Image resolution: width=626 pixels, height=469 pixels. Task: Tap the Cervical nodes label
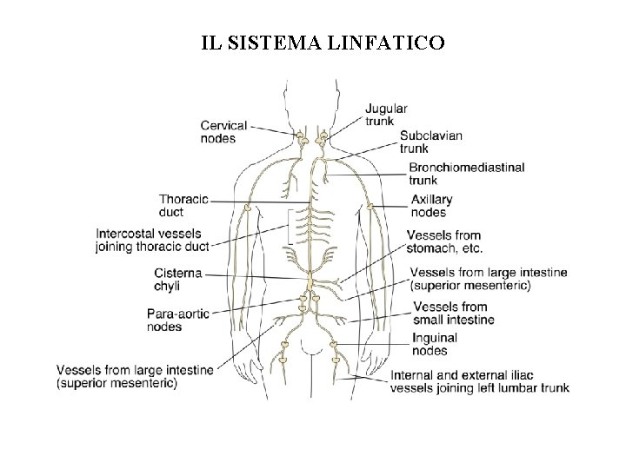(223, 131)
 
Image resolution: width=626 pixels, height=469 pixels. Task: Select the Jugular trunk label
(386, 116)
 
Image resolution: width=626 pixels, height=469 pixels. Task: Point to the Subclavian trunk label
(430, 142)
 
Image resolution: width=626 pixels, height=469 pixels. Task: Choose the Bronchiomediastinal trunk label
(466, 174)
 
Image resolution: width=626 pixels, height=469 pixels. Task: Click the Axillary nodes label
(431, 206)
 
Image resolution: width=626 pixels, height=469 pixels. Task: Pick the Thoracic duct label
(183, 205)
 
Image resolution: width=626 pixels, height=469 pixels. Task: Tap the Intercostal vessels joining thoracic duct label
(153, 240)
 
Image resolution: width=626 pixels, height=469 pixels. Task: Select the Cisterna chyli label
(177, 279)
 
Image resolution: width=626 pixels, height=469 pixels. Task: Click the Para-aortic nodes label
(178, 320)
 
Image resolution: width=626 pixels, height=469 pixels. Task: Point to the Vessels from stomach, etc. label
(444, 241)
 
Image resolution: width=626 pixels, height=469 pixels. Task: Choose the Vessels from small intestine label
(454, 313)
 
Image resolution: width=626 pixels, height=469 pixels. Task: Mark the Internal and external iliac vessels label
(480, 381)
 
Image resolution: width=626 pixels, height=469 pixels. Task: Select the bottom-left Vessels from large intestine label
(134, 375)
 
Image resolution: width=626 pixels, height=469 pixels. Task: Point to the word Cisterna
(177, 273)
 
